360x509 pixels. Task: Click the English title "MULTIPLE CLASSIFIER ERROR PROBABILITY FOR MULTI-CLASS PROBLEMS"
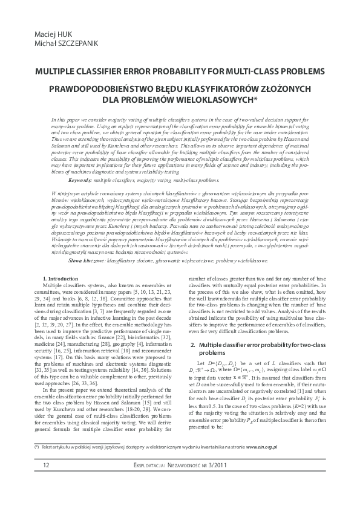[x=180, y=71]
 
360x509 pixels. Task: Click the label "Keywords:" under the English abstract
[x=80, y=163]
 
